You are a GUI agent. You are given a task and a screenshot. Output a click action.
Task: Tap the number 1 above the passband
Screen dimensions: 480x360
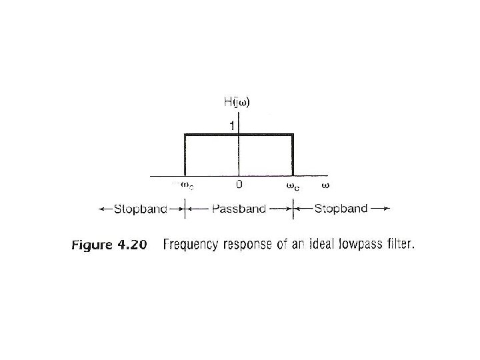click(x=232, y=125)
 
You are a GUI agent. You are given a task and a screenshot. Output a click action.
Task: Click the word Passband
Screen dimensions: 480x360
click(x=239, y=209)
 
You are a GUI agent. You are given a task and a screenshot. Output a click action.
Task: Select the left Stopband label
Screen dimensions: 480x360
click(x=140, y=209)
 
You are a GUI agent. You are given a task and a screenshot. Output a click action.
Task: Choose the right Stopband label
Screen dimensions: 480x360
click(x=340, y=209)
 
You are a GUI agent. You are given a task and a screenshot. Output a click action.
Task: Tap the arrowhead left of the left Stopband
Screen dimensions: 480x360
click(x=102, y=209)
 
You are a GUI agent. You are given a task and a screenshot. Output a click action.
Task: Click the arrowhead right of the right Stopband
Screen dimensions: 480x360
click(x=385, y=209)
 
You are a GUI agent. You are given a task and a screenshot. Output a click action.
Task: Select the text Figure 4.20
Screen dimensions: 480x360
click(x=108, y=245)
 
